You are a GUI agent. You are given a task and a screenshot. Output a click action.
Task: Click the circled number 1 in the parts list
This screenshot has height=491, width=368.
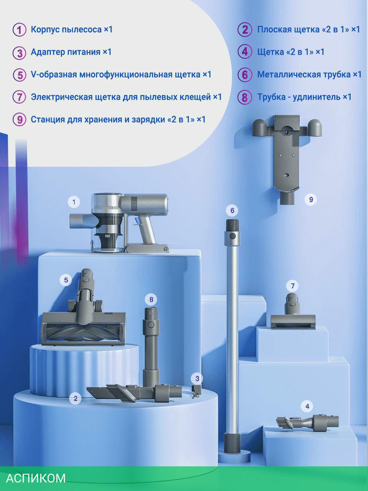[20, 30]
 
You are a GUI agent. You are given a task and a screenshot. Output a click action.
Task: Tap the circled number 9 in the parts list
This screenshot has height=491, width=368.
[20, 120]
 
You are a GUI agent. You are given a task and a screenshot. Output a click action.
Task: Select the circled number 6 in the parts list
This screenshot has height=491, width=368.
[245, 75]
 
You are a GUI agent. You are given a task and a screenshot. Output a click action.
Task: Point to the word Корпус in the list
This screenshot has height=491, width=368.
[45, 29]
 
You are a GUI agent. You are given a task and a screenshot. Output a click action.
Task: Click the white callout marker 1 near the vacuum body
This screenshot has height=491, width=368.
[74, 202]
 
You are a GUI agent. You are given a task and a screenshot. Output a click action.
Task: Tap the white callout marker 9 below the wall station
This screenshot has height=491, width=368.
[311, 200]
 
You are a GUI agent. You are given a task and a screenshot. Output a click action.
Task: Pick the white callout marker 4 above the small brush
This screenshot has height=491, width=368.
[307, 406]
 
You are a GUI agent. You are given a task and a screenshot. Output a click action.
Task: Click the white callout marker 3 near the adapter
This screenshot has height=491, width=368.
[197, 379]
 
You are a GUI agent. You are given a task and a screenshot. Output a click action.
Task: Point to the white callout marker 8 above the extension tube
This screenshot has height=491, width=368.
[151, 299]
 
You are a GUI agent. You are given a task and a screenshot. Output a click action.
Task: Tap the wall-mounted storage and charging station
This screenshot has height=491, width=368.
[287, 157]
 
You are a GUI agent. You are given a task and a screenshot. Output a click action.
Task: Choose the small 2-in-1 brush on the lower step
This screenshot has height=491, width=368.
[308, 423]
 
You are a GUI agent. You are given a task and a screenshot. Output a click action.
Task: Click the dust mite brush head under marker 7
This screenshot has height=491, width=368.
[293, 312]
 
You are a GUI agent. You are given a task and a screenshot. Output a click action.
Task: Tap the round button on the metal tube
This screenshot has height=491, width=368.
[232, 236]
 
